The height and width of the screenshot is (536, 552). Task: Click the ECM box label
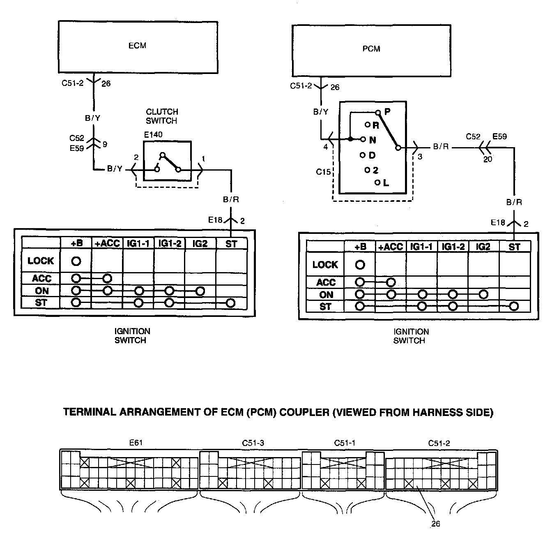point(137,46)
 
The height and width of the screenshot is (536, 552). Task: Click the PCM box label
point(371,49)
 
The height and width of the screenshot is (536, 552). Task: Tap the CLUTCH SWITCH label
point(162,116)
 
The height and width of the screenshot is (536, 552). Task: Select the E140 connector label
point(153,134)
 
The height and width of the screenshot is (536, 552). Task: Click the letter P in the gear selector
point(387,111)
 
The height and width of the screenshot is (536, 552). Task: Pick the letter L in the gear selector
point(386,183)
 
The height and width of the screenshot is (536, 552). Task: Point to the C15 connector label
point(323,172)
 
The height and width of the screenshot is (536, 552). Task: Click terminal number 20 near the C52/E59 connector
point(488,159)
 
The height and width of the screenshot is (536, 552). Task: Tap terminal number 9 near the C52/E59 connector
point(105,144)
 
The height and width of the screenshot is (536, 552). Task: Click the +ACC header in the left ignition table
point(107,243)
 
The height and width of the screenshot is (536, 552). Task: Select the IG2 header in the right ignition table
point(483,247)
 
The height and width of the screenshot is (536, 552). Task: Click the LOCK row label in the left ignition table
point(41,261)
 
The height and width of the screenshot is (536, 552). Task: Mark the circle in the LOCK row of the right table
point(360,265)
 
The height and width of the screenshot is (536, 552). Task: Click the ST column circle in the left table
point(230,303)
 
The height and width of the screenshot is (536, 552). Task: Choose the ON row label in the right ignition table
point(326,295)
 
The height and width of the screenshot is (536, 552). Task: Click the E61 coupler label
point(136,443)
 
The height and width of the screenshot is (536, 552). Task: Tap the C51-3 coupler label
point(253,443)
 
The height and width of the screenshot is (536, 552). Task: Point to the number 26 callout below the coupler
point(436,524)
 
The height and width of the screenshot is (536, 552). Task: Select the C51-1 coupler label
point(345,443)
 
